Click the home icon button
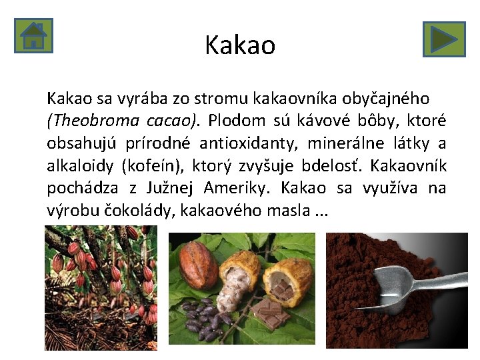[33, 35]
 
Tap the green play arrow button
[443, 39]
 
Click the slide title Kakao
[240, 45]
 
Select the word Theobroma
[89, 121]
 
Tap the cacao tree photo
[101, 287]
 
